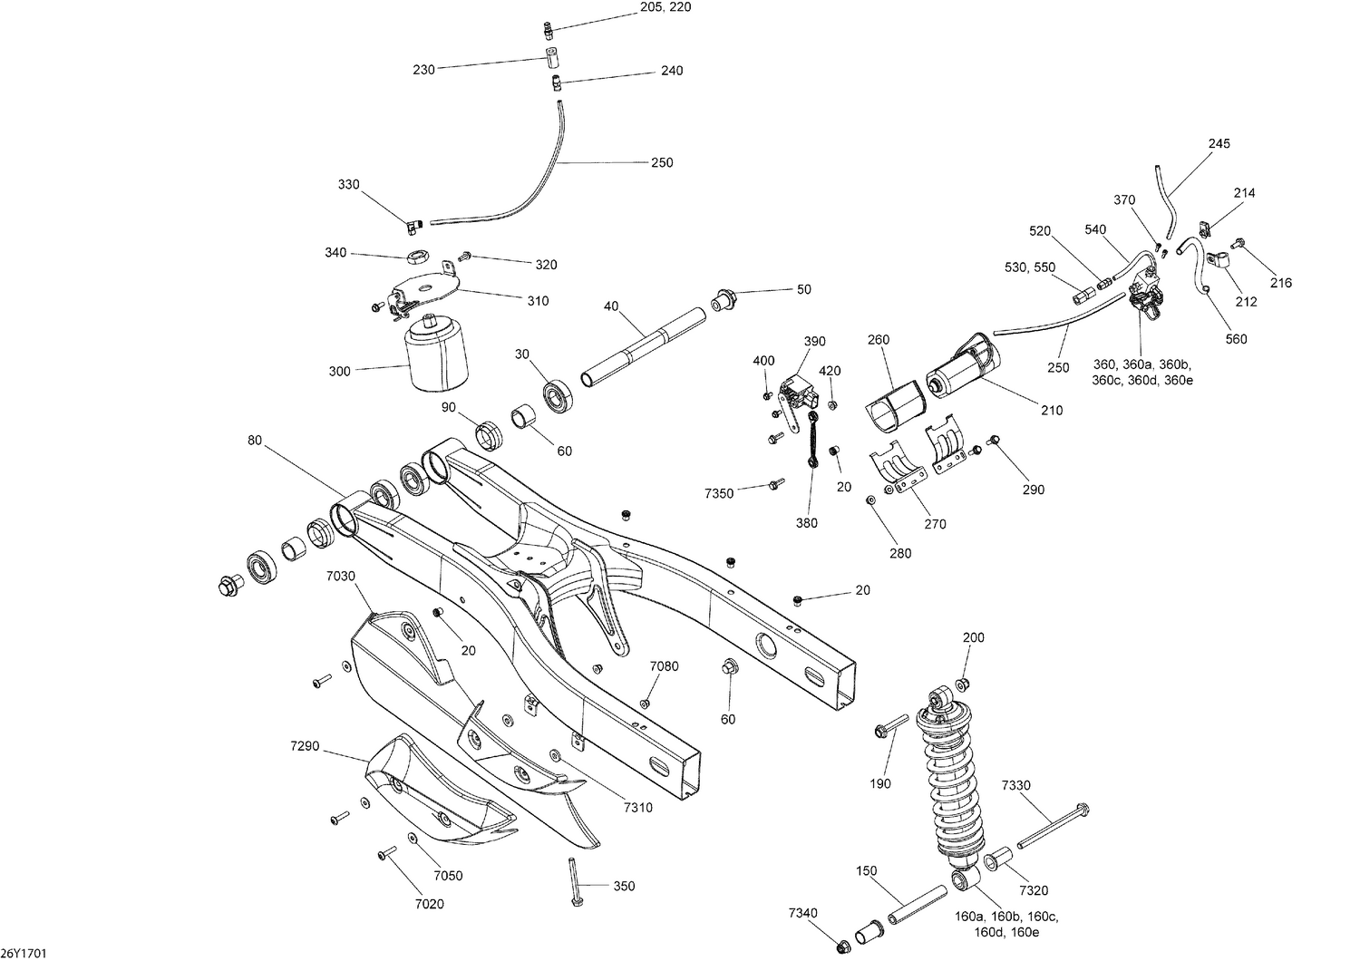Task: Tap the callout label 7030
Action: point(342,576)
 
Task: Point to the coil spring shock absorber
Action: point(949,780)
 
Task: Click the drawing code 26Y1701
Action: point(24,953)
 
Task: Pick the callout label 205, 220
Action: point(665,6)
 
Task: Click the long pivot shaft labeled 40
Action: point(644,346)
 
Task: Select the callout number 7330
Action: point(1015,785)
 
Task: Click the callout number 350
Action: point(624,886)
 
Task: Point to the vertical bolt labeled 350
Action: point(576,881)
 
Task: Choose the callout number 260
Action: point(878,340)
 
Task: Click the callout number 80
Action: point(254,442)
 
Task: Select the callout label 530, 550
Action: point(1029,268)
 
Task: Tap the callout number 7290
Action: point(306,745)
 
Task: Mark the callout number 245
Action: point(1219,143)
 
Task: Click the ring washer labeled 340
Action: point(419,256)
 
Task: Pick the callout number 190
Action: point(880,783)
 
